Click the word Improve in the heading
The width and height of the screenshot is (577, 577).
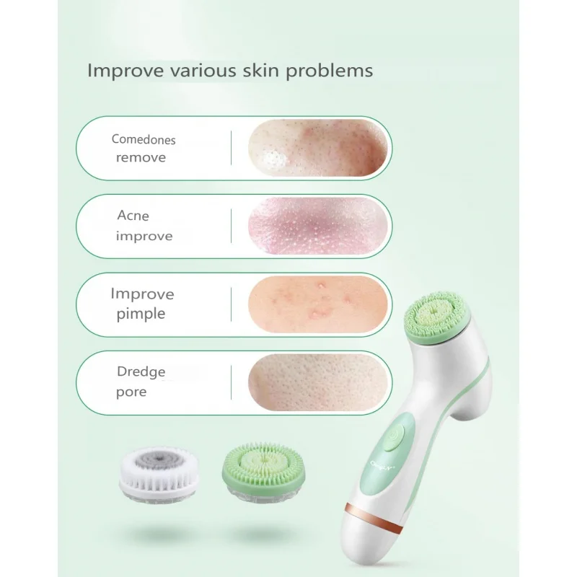(125, 71)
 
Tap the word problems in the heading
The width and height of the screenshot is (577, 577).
(330, 71)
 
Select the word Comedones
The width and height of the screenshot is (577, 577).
(144, 139)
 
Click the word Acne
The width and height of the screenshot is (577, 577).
(133, 215)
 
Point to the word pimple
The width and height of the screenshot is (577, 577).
(141, 314)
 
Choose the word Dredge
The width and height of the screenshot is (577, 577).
(141, 372)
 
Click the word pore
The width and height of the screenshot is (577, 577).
(131, 392)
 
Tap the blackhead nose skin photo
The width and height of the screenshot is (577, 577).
(318, 148)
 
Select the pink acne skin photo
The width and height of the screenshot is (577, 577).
(318, 226)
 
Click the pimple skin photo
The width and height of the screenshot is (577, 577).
(318, 304)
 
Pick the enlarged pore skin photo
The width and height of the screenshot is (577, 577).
(318, 383)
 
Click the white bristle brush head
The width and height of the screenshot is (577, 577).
(159, 475)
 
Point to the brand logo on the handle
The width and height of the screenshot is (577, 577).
(383, 466)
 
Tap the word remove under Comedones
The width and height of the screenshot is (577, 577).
(141, 158)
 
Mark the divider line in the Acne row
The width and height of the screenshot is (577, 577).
(231, 226)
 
